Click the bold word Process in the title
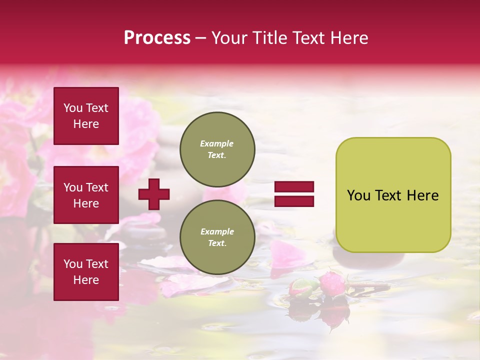157,38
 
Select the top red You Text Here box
86,116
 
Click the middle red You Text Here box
86,195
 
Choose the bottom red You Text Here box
86,271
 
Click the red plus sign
154,194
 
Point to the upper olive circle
217,149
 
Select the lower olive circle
217,237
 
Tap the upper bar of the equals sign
294,187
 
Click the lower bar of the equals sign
294,201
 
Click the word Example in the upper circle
216,143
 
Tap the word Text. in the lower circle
217,243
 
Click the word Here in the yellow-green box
422,195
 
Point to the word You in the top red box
73,108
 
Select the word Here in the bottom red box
86,280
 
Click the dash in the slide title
201,38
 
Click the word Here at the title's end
349,38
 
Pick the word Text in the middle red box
96,187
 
